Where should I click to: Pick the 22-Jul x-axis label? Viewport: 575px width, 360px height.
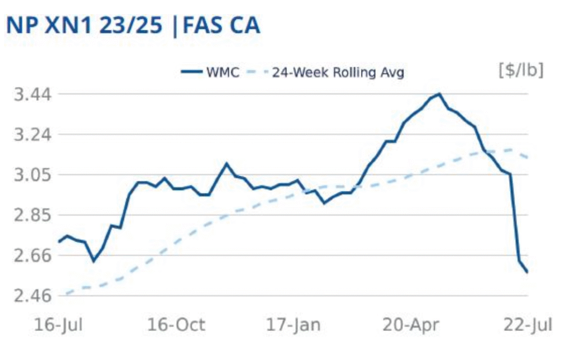pos(528,325)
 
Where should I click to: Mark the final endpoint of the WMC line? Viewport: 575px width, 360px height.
pos(528,272)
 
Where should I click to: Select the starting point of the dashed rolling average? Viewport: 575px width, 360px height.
pos(65,294)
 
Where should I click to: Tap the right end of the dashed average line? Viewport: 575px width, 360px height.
pos(528,157)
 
